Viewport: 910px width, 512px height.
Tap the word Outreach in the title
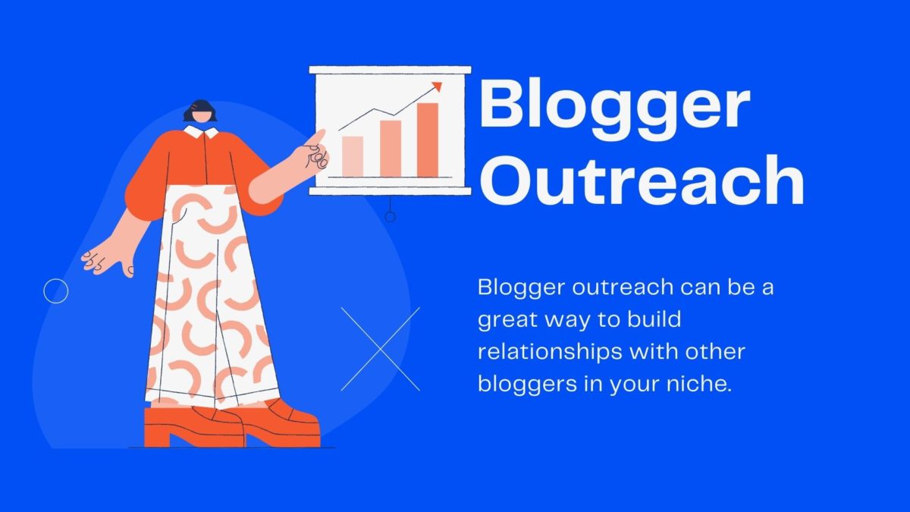tap(642, 180)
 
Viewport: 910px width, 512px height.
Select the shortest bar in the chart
tap(353, 156)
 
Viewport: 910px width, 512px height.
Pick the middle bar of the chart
tap(391, 149)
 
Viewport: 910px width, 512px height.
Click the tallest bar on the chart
tap(428, 140)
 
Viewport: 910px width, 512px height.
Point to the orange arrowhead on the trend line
tap(437, 86)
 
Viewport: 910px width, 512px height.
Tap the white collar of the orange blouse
tap(201, 132)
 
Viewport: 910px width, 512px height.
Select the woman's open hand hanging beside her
tap(108, 260)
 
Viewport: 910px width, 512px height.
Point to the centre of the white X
tap(380, 349)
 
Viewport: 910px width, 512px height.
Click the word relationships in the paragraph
tap(549, 352)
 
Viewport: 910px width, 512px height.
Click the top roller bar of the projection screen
tap(390, 70)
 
